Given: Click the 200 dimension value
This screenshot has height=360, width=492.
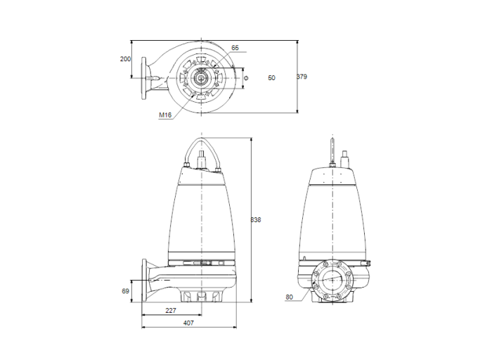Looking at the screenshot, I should pos(125,59).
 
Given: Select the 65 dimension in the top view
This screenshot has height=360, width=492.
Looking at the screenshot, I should pos(235,48).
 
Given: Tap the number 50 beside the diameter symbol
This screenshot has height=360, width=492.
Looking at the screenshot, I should pos(271,77).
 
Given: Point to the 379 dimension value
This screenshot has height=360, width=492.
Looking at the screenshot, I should pos(302,76).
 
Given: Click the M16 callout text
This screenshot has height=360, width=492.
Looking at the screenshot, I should pos(165,115).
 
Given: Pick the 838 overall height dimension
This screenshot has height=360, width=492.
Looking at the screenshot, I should pos(256,220).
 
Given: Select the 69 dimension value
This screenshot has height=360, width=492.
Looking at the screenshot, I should pos(126,290).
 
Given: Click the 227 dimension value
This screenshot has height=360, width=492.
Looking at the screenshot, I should pos(171,310).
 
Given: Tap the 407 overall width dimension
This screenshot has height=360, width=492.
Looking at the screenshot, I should pos(188,323).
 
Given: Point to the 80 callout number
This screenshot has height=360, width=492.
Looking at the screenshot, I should pos(289,297).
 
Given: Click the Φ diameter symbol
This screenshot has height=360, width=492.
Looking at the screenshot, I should pos(245,77).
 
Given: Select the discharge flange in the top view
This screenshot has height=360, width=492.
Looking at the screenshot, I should pos(145,77).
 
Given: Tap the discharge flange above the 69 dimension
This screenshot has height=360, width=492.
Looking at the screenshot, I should pos(145,281).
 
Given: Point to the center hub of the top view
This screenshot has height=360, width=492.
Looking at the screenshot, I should pos(202,77).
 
